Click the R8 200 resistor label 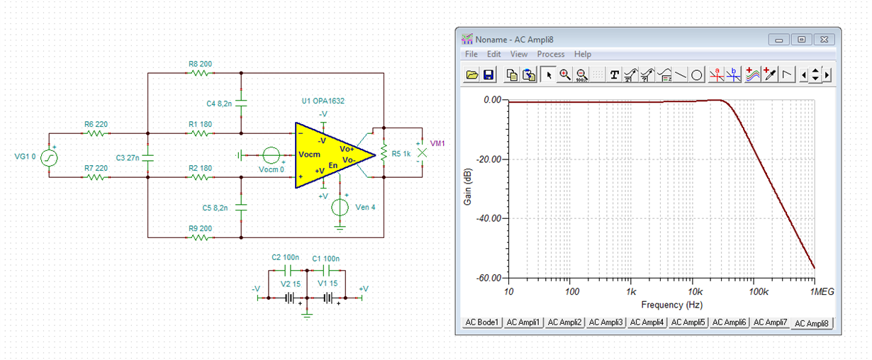tap(200, 64)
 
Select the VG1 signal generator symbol tap(49, 158)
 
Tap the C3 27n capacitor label tap(128, 157)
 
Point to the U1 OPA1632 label tap(323, 101)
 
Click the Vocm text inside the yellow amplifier tap(309, 154)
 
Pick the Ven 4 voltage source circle tap(340, 208)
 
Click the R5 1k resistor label tap(401, 154)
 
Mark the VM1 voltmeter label tap(437, 144)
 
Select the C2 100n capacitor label tap(285, 257)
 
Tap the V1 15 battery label tap(328, 283)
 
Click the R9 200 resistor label tap(200, 228)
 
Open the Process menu tap(550, 54)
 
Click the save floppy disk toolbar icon tap(488, 74)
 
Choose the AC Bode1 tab tap(481, 322)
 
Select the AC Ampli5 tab tap(688, 322)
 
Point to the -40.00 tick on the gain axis tap(488, 218)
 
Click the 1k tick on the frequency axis tap(631, 291)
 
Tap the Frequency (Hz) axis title tap(671, 305)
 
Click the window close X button tap(824, 40)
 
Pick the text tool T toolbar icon tap(614, 74)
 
